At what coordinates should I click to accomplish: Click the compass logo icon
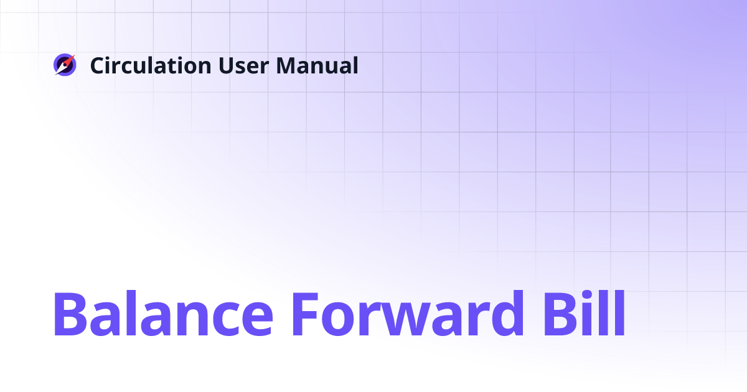coord(64,65)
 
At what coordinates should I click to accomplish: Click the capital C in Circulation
coord(97,65)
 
